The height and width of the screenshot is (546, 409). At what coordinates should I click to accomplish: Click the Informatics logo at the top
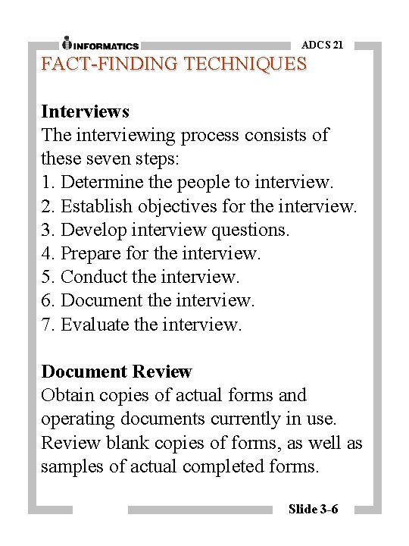click(x=100, y=43)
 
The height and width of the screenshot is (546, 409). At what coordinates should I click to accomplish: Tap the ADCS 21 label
click(x=322, y=45)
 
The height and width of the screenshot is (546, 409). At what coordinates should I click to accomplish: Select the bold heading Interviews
click(x=85, y=111)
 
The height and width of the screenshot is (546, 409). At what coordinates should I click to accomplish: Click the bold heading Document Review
click(x=117, y=372)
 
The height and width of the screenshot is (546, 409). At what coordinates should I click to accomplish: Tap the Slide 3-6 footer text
click(x=313, y=508)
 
